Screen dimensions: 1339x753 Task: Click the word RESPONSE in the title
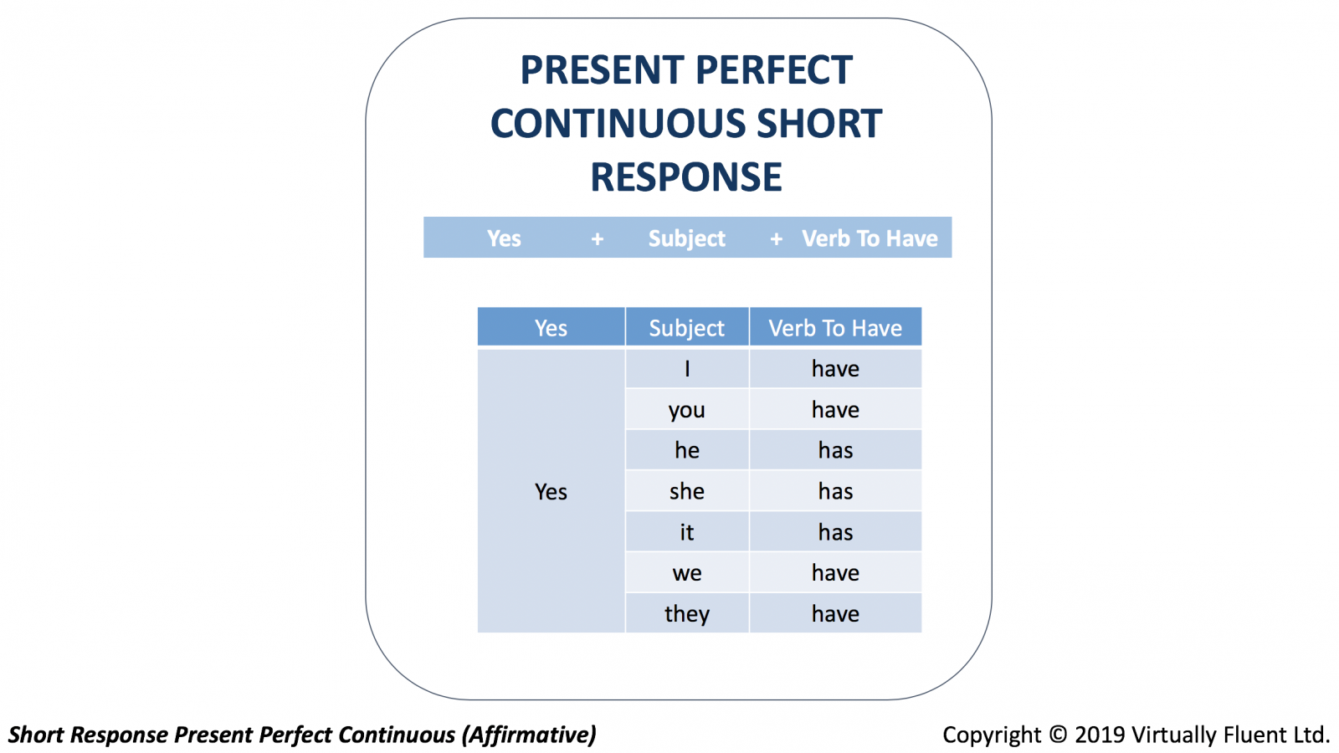[686, 177]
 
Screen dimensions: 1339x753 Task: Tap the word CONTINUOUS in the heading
[618, 124]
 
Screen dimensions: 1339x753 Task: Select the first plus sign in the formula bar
[598, 239]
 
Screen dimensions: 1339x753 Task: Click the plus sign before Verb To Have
[776, 239]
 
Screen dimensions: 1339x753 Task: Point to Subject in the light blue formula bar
[687, 238]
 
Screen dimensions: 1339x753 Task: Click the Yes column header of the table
[551, 327]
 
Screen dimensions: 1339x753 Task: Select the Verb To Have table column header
[835, 327]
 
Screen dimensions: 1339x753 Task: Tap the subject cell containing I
[687, 368]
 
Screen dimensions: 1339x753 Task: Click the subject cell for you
[687, 409]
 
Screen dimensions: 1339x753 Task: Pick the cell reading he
[687, 450]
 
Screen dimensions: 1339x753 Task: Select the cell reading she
[687, 490]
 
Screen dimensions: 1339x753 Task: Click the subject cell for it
[687, 532]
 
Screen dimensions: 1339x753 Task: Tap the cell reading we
[687, 572]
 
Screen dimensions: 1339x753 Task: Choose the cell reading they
[687, 613]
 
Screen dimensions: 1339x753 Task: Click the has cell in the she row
[835, 490]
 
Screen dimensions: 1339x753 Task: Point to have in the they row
[835, 613]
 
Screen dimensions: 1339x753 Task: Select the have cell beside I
[835, 368]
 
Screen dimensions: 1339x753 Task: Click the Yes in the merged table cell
[551, 491]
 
